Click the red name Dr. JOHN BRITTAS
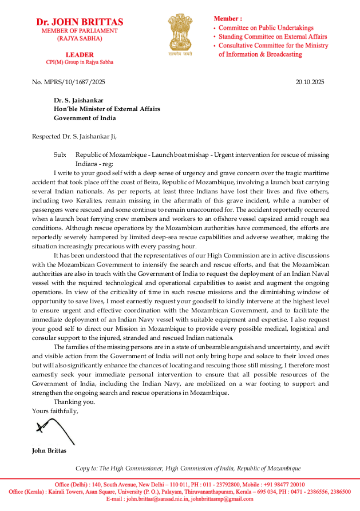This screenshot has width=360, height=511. pos(80,22)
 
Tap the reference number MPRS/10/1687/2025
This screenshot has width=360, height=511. pos(69,82)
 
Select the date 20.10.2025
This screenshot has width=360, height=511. pos(310,82)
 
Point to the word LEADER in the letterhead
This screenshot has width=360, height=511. pos(80,54)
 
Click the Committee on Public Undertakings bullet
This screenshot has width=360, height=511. pos(265,27)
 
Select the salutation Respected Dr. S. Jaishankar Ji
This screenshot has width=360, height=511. pos(74,136)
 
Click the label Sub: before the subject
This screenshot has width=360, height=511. pos(60,155)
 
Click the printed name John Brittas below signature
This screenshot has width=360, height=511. pos(49,450)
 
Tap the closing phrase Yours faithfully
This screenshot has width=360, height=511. pos(55,411)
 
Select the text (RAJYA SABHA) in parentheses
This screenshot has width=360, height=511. pos(80,38)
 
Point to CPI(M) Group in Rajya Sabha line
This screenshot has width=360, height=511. pos(80,62)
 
